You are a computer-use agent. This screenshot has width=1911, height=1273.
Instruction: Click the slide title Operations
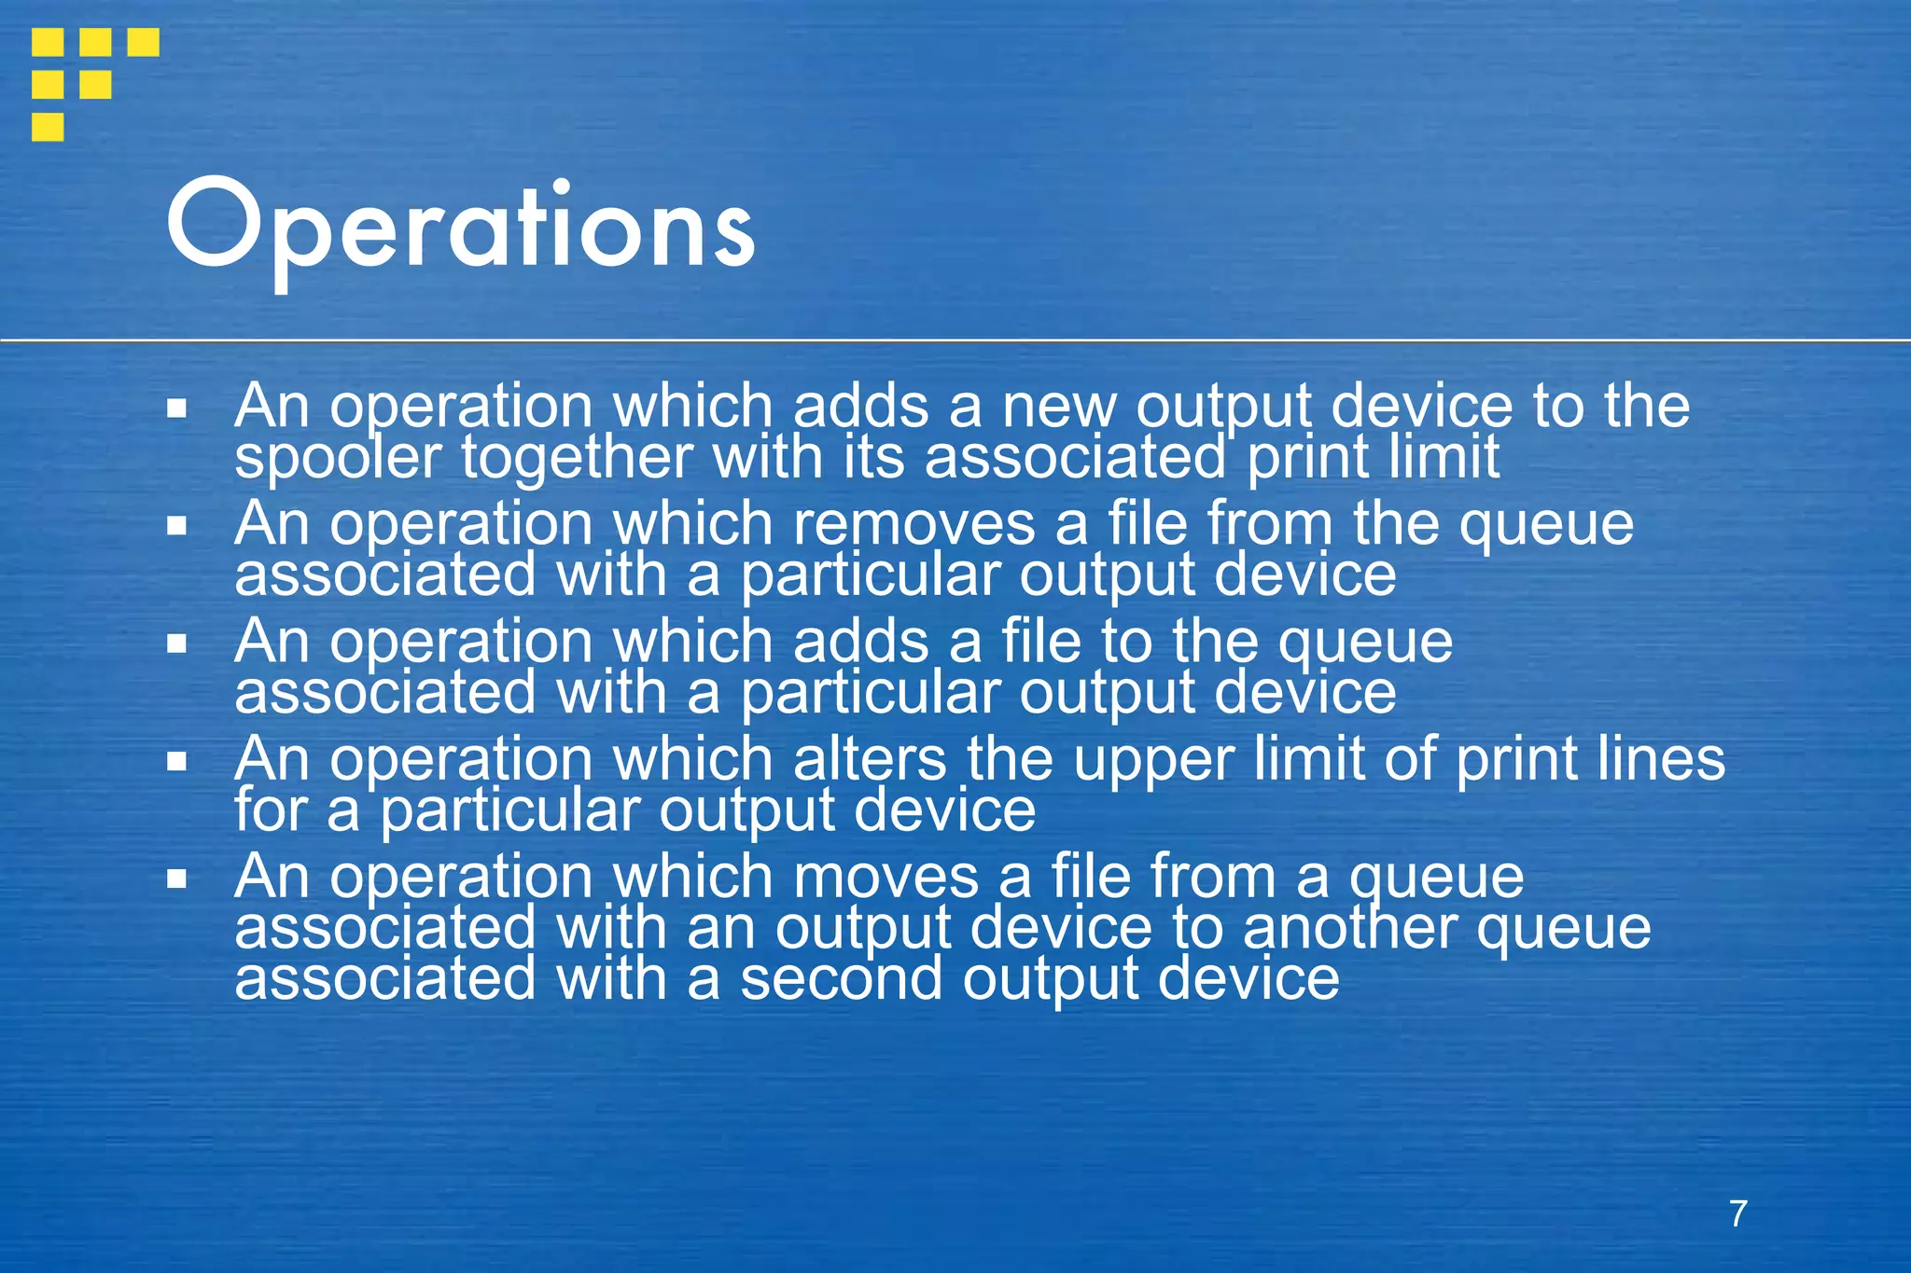point(460,227)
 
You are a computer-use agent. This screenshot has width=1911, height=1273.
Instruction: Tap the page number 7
point(1737,1213)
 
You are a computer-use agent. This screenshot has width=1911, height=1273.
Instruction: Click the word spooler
point(337,458)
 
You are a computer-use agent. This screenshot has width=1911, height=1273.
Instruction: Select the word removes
point(914,523)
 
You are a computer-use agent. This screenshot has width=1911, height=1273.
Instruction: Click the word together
point(577,458)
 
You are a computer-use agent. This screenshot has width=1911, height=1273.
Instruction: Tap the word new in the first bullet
point(1058,407)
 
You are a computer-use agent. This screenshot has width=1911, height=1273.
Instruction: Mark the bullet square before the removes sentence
point(177,526)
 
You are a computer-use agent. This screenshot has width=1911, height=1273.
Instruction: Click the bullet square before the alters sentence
point(177,761)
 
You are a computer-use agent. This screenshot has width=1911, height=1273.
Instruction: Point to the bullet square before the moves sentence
point(177,879)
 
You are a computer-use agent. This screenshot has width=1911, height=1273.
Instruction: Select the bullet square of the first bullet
point(177,408)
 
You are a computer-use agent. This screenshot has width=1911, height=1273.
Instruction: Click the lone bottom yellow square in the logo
point(48,126)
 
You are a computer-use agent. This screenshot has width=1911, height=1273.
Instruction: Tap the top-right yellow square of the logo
point(143,42)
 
